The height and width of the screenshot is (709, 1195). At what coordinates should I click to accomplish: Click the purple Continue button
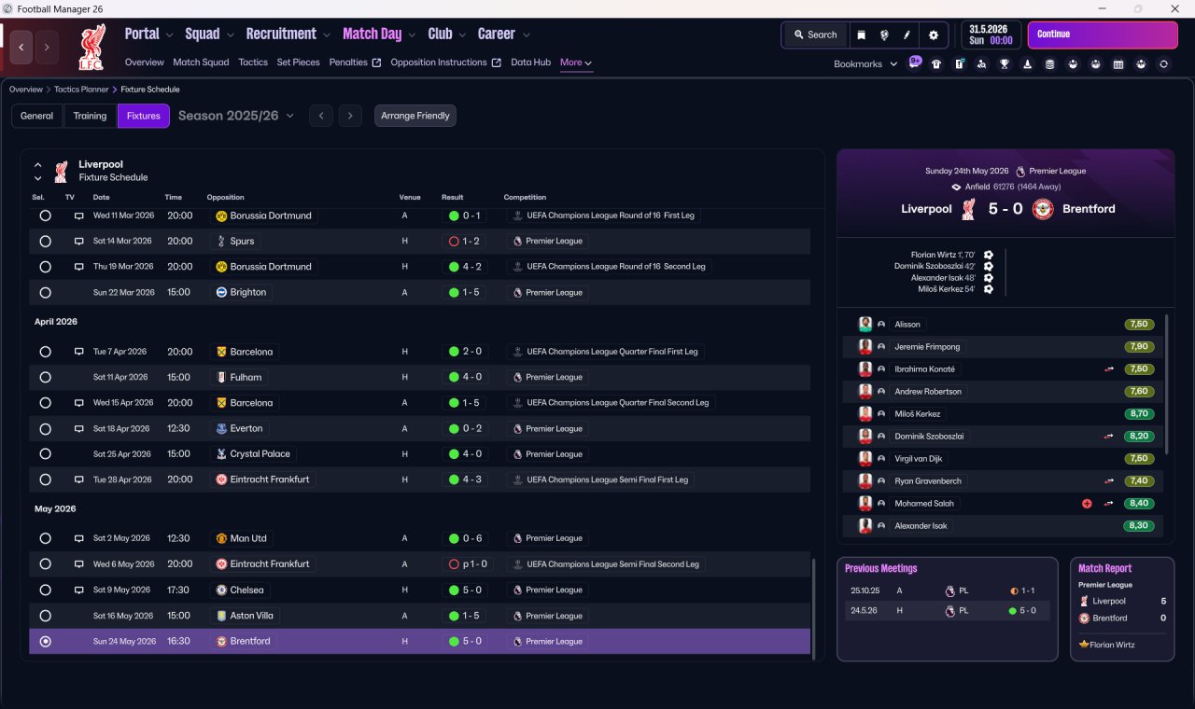tap(1103, 35)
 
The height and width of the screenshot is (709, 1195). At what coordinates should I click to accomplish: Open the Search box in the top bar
tap(815, 35)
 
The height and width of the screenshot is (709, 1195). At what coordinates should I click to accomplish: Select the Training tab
tap(90, 116)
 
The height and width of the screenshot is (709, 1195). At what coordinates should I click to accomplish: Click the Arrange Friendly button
tap(415, 116)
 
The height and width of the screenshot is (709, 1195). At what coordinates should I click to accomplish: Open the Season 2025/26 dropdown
tap(236, 116)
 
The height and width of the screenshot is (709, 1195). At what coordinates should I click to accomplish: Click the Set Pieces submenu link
tap(298, 63)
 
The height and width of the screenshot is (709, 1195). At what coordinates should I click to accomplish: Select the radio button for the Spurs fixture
tap(46, 242)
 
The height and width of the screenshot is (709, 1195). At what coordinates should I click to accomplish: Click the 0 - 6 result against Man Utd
tap(471, 538)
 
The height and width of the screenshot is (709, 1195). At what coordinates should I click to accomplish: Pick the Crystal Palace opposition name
tap(260, 454)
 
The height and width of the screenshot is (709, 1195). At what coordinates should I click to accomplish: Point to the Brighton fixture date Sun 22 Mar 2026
tap(124, 293)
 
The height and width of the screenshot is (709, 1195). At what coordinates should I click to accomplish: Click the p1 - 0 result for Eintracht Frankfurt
tap(475, 564)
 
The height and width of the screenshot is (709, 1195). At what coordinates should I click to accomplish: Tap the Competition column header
tap(525, 197)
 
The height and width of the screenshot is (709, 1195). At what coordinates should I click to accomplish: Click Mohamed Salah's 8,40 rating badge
tap(1139, 503)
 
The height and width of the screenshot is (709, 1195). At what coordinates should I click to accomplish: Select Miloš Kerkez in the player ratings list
tap(917, 413)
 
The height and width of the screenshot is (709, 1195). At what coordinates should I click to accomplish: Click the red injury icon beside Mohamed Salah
tap(1087, 504)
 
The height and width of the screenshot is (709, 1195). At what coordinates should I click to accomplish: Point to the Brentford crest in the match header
tap(1043, 209)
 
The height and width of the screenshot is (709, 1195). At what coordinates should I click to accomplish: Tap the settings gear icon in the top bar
tap(933, 35)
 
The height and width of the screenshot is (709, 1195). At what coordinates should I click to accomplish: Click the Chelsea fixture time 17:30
tap(178, 591)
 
